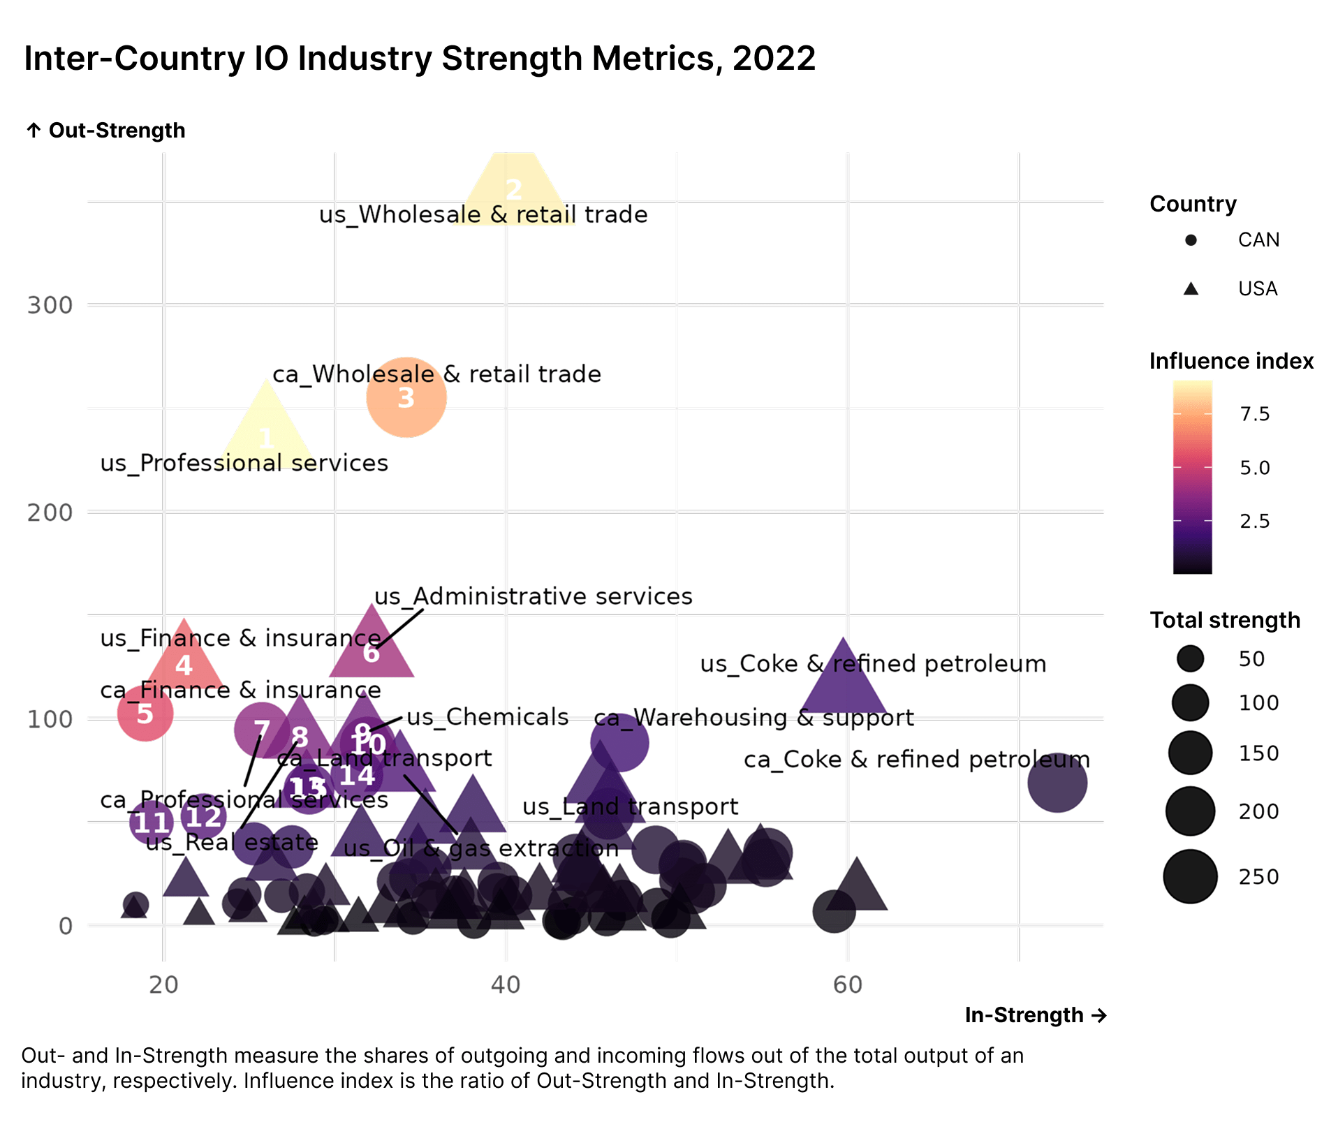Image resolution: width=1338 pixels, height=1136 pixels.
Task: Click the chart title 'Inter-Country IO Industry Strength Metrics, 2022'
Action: pos(420,59)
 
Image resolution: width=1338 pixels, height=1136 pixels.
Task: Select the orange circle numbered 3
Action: pos(406,397)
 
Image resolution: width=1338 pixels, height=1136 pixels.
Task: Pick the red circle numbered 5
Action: pos(145,714)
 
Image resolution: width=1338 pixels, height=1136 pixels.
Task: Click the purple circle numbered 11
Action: pos(152,823)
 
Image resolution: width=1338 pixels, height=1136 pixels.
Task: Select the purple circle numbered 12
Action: pos(203,816)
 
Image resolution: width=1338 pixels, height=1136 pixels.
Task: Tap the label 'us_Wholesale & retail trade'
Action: pos(483,214)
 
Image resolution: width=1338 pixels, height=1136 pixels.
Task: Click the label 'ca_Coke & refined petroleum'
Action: pos(916,759)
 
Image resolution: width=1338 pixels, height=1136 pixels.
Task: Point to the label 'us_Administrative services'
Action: pos(534,596)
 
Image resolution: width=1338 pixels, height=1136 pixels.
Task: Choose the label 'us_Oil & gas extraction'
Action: pos(481,848)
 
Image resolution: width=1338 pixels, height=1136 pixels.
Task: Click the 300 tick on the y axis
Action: pos(50,305)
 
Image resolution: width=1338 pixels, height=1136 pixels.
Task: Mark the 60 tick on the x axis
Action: pos(848,984)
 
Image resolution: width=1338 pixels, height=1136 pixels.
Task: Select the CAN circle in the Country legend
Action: pos(1191,240)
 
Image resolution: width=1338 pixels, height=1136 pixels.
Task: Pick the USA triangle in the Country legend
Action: pos(1191,288)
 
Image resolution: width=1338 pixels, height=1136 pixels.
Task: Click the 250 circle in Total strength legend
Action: pos(1190,876)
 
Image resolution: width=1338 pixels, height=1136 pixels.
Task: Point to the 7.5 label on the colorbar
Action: pos(1254,414)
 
